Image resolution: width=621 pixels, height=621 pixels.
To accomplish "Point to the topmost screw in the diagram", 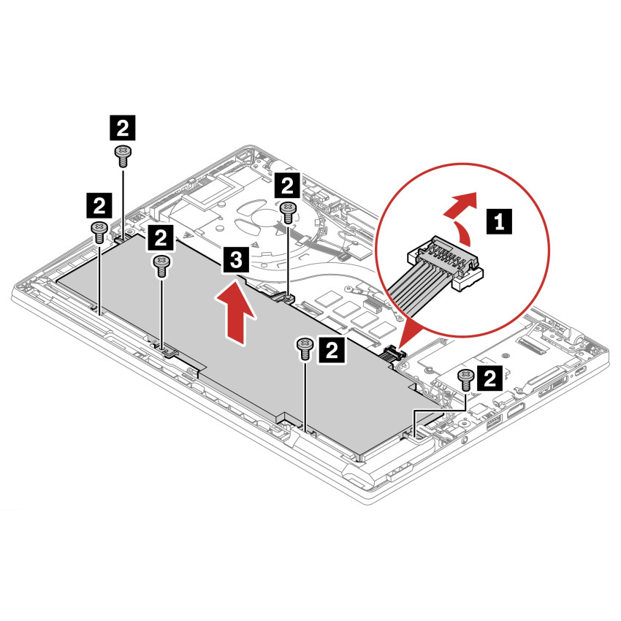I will (121, 152).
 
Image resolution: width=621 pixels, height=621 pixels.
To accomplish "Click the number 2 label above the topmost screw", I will (121, 129).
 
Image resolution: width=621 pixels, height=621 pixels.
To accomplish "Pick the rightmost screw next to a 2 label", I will (465, 377).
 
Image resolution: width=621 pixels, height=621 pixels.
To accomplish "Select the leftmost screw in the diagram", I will (98, 231).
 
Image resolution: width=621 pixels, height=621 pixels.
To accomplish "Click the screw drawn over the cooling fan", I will (288, 211).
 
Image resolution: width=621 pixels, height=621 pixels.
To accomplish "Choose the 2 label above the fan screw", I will (288, 183).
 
